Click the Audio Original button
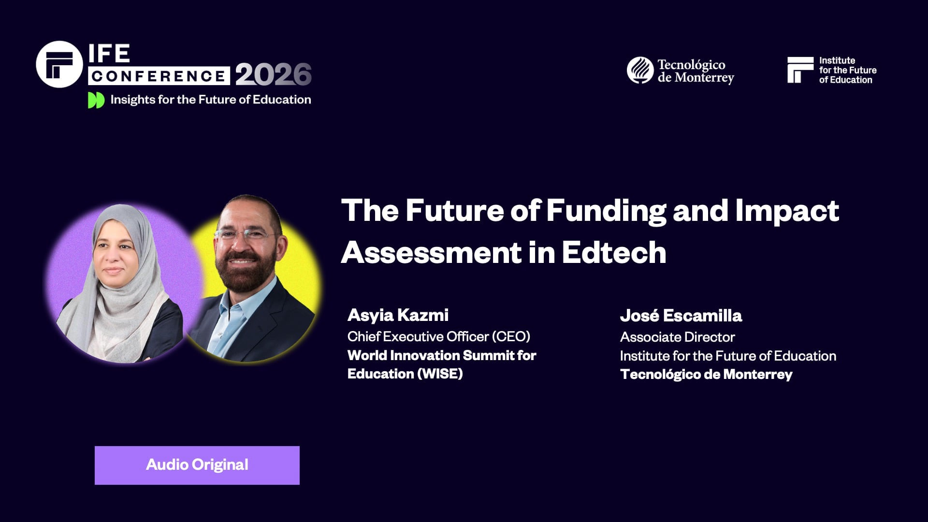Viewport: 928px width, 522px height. (x=197, y=465)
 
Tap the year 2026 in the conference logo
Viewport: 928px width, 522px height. (x=273, y=74)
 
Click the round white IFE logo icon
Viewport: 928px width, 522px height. (x=59, y=64)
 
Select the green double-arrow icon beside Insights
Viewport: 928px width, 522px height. (x=96, y=100)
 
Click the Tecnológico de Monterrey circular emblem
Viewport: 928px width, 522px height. (x=640, y=70)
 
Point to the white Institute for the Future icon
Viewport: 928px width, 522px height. (x=800, y=70)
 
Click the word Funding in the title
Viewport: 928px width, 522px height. (x=606, y=211)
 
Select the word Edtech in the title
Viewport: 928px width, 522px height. (x=614, y=253)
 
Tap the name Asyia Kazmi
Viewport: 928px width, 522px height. (x=398, y=315)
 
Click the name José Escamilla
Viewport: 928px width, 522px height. (x=681, y=316)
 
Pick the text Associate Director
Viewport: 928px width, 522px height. (x=677, y=337)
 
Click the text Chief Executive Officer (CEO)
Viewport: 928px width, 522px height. (x=438, y=336)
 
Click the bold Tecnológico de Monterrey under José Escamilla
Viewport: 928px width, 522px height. (x=706, y=375)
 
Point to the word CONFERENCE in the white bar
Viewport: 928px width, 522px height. (x=159, y=76)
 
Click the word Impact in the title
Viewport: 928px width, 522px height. (x=787, y=211)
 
